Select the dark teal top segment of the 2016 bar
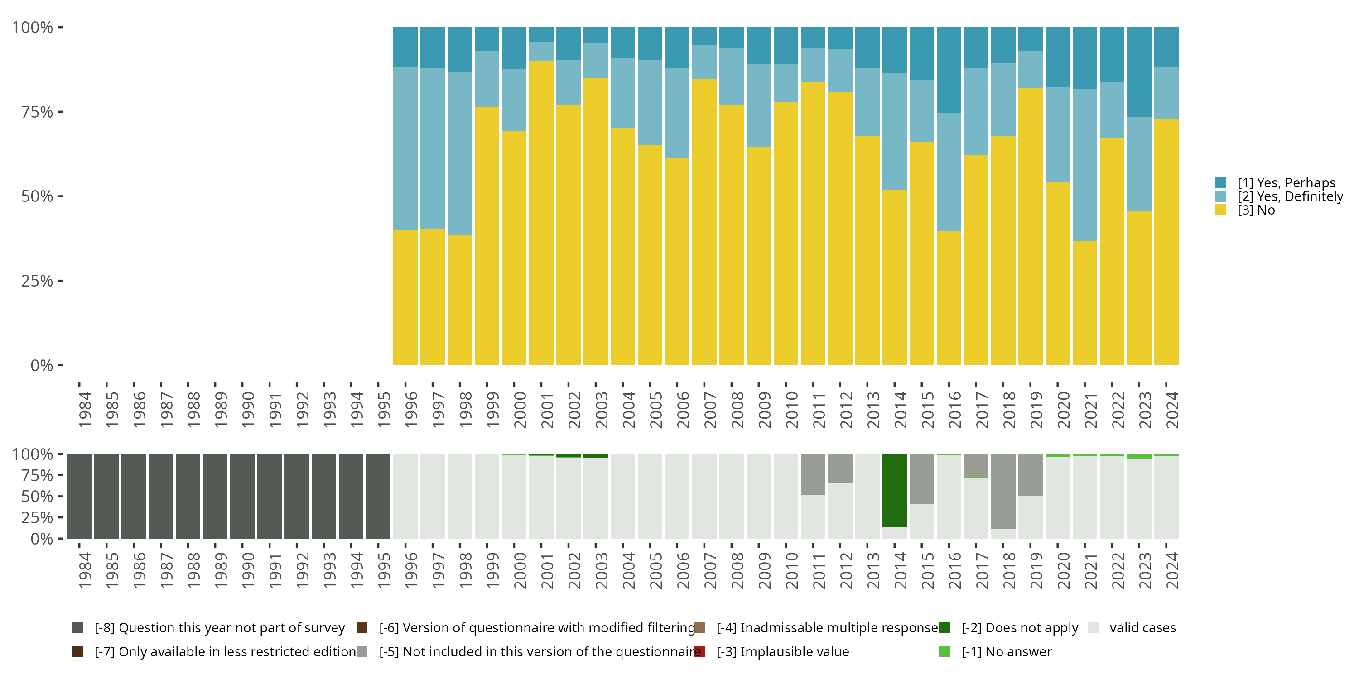pyautogui.click(x=949, y=70)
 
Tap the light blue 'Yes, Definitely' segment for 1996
pyautogui.click(x=405, y=148)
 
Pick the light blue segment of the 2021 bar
pyautogui.click(x=1084, y=164)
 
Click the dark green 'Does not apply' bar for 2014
pyautogui.click(x=894, y=490)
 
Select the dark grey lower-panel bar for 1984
pyautogui.click(x=79, y=496)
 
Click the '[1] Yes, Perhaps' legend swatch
pyautogui.click(x=1220, y=183)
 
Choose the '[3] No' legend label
pyautogui.click(x=1256, y=210)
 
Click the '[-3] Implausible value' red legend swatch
pyautogui.click(x=699, y=651)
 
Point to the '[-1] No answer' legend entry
pyautogui.click(x=1006, y=651)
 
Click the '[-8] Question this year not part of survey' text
pyautogui.click(x=219, y=628)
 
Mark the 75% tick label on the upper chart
pyautogui.click(x=37, y=112)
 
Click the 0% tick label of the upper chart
pyautogui.click(x=42, y=365)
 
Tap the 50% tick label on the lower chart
pyautogui.click(x=37, y=497)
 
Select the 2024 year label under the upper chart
pyautogui.click(x=1172, y=410)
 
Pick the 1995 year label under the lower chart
pyautogui.click(x=384, y=570)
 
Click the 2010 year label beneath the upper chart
pyautogui.click(x=791, y=410)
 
